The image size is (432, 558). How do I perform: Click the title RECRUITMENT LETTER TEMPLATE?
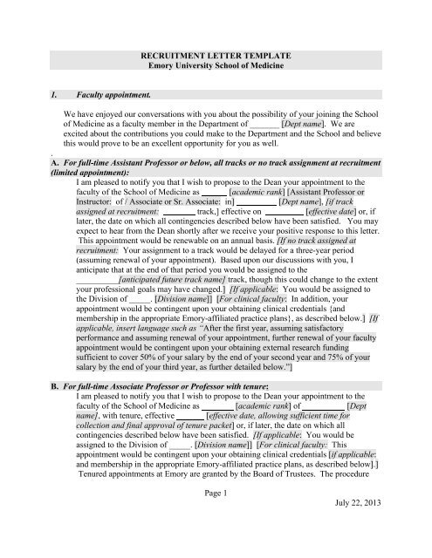click(x=216, y=54)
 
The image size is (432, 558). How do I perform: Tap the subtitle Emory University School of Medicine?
click(x=216, y=65)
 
